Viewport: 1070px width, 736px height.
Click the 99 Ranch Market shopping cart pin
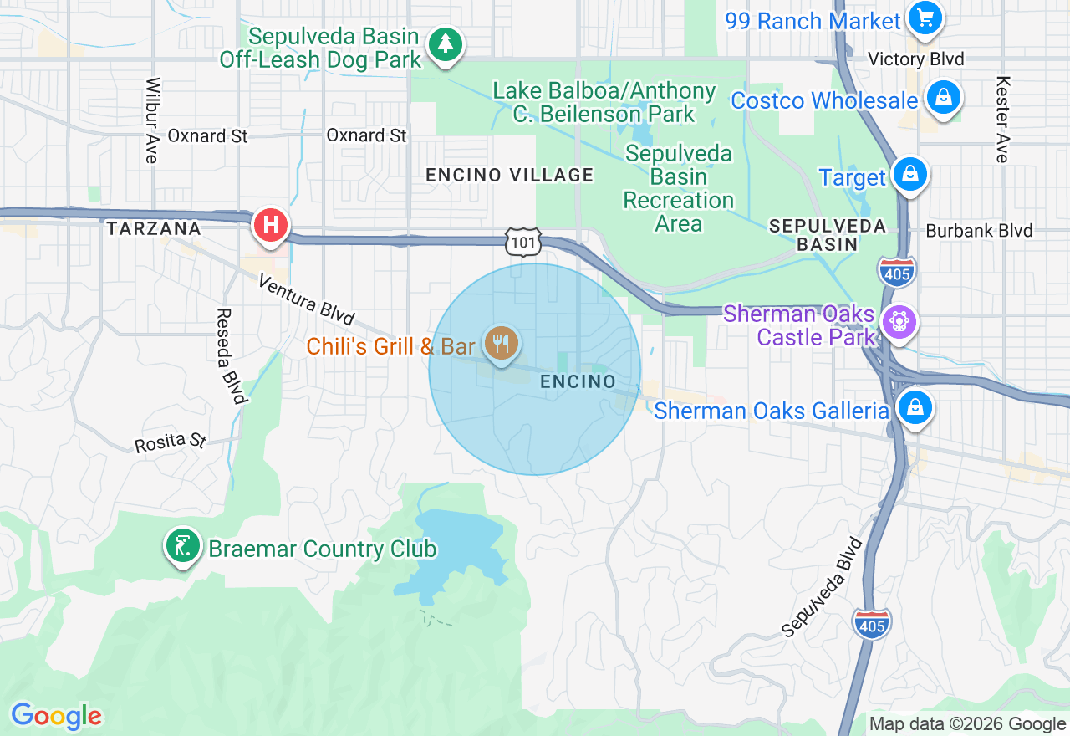pyautogui.click(x=925, y=18)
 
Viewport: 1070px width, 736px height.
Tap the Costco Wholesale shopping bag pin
pyautogui.click(x=943, y=98)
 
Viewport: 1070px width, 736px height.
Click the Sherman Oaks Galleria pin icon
pyautogui.click(x=915, y=408)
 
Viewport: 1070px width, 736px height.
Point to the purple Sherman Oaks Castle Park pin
pyautogui.click(x=899, y=323)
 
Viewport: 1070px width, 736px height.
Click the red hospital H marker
pyautogui.click(x=271, y=225)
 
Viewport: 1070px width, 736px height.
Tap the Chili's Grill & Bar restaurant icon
pyautogui.click(x=501, y=343)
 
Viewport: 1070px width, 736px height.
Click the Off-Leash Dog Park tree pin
pyautogui.click(x=445, y=44)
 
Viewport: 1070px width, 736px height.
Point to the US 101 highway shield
pyautogui.click(x=522, y=242)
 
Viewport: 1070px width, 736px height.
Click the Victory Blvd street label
pyautogui.click(x=915, y=59)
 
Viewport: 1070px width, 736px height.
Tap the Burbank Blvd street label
pyautogui.click(x=979, y=231)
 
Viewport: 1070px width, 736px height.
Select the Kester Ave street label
pyautogui.click(x=1002, y=120)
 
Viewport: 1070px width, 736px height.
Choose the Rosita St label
pyautogui.click(x=171, y=441)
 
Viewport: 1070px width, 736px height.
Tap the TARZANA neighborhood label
pyautogui.click(x=154, y=228)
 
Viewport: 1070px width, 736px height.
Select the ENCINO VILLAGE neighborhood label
pyautogui.click(x=509, y=175)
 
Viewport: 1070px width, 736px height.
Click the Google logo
pyautogui.click(x=56, y=716)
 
